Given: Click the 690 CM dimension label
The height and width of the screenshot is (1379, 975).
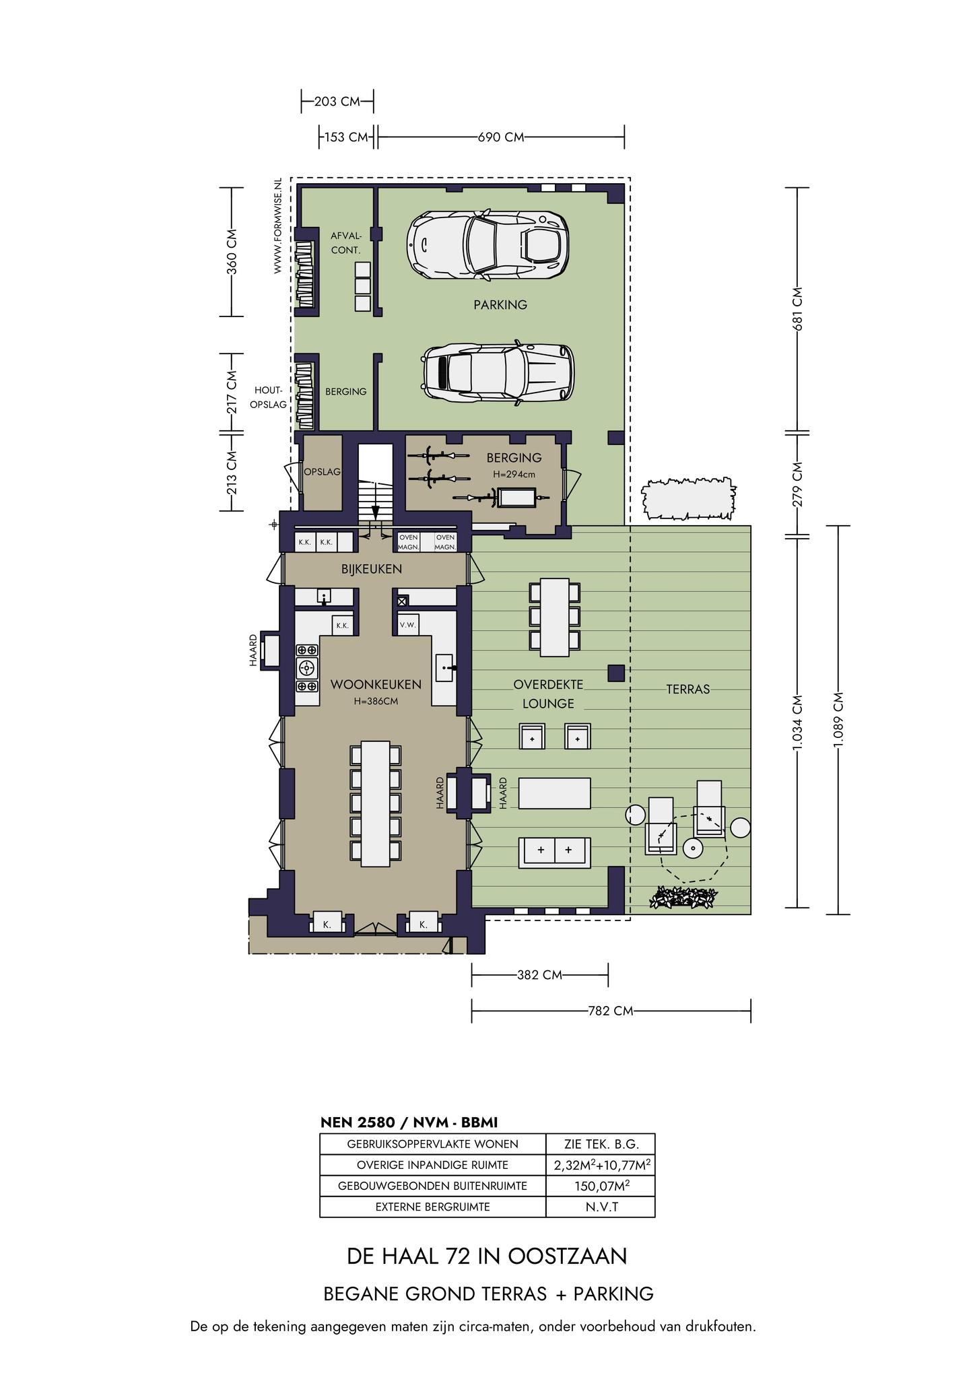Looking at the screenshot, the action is pos(501,137).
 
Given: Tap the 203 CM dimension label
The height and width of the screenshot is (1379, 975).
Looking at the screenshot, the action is pos(337,102).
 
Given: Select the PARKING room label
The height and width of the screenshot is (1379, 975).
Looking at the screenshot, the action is pos(500,305).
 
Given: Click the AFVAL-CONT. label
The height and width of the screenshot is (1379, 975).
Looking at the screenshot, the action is pos(346,242).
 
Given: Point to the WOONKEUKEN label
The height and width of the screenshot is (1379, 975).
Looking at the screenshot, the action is pos(376,685).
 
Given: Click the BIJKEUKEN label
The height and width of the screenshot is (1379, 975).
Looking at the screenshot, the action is pos(372,569).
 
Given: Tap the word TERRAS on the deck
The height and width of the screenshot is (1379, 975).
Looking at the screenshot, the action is pos(688,689).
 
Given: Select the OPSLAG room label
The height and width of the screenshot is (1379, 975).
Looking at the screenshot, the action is pos(323,472).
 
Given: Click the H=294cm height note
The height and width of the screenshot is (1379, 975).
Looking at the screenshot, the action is pos(514,474).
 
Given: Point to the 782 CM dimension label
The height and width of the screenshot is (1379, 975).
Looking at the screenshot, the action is pos(610,1011).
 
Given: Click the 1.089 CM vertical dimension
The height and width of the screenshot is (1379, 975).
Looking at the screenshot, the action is pos(838,720).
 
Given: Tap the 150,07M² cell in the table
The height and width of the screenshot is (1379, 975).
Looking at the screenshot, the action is pos(600,1186).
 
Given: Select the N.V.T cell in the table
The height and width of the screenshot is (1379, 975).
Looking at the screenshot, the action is pos(600,1207).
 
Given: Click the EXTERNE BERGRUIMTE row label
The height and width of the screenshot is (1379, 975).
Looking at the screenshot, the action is pos(432,1207).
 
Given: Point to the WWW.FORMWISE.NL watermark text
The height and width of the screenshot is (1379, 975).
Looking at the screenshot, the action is pos(277,226).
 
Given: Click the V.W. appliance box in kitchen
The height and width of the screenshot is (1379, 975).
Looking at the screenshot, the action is pos(408,625).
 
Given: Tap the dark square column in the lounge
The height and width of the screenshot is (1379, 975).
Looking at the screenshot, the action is pos(616,673).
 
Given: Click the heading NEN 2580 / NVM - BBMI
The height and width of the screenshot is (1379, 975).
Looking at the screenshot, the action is pos(409,1122).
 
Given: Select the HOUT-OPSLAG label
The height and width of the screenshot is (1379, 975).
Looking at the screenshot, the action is pos(269,397).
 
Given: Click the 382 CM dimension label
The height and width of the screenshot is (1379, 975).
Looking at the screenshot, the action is pos(540,975).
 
